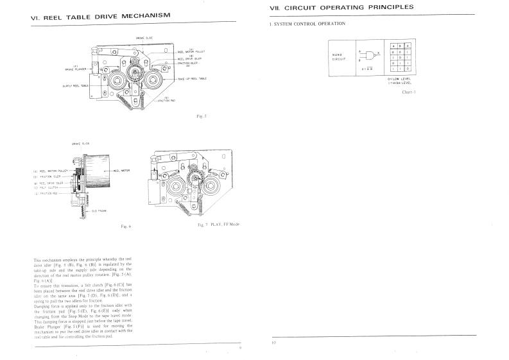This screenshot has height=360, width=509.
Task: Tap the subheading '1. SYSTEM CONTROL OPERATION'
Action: [308, 24]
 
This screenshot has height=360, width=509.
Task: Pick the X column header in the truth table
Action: [408, 46]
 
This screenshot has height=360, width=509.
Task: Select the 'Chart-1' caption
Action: [409, 92]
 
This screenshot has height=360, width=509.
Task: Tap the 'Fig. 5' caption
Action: [201, 116]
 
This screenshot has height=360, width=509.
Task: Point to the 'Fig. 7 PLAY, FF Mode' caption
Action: [218, 224]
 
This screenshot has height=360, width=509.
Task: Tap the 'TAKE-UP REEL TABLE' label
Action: [192, 78]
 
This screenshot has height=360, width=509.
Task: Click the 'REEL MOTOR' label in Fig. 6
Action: [122, 171]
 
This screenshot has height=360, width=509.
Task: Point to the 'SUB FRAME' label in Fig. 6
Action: [99, 210]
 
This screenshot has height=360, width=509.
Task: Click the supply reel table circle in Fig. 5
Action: [118, 81]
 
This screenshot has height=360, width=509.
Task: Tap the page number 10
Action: [273, 343]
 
